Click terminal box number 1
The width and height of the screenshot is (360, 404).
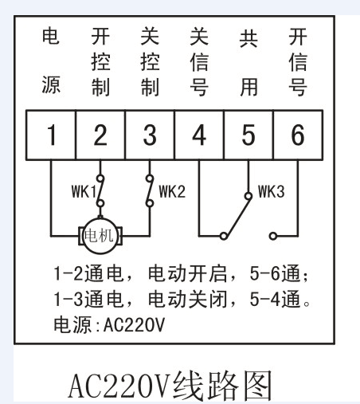coord(51,135)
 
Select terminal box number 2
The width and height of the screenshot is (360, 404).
coord(100,135)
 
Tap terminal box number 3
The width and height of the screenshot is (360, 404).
coord(150,135)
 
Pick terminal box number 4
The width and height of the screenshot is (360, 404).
coord(199,135)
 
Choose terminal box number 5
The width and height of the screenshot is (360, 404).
coord(248,135)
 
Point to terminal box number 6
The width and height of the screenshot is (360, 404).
coord(298,135)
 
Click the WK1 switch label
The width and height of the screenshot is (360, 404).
coord(84,191)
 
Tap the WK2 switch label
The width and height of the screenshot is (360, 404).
coord(172,191)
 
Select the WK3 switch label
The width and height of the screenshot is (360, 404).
coord(271,191)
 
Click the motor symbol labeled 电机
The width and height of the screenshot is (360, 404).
coord(100,236)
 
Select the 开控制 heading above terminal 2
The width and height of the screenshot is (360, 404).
coord(100,62)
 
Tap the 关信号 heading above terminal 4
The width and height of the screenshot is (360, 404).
coord(199,62)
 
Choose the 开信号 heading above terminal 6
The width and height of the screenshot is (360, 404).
coord(298,62)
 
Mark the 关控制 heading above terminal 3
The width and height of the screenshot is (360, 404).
coord(150,62)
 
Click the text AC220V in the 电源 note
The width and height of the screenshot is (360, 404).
coord(134,324)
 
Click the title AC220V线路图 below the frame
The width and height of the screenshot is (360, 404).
coord(170,386)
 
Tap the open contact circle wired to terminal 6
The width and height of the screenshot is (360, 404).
coord(273,236)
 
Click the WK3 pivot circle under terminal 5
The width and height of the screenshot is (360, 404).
coord(248,196)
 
